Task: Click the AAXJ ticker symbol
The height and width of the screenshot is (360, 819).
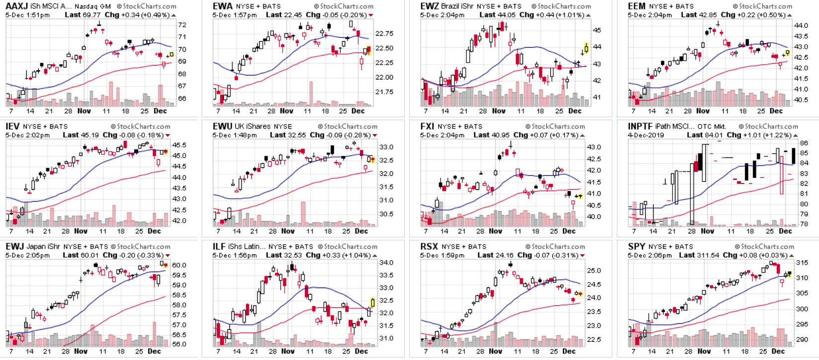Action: point(16,6)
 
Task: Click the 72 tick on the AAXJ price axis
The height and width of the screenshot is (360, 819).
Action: point(182,25)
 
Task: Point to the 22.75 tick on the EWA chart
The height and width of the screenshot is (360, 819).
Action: point(384,34)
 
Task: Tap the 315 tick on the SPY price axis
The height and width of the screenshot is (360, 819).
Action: point(802,262)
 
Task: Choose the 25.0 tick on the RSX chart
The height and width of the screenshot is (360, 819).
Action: point(594,271)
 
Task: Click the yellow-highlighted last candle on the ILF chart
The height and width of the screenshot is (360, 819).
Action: point(372,302)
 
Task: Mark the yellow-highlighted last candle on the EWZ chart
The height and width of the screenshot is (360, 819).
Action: point(587,48)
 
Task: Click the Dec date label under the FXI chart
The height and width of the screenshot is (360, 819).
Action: point(569,231)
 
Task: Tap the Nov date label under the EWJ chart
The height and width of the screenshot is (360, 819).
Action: point(81,351)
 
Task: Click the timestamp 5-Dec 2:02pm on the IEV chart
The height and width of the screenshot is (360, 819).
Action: point(27,135)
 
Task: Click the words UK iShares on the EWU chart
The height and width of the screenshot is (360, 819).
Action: point(252,127)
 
